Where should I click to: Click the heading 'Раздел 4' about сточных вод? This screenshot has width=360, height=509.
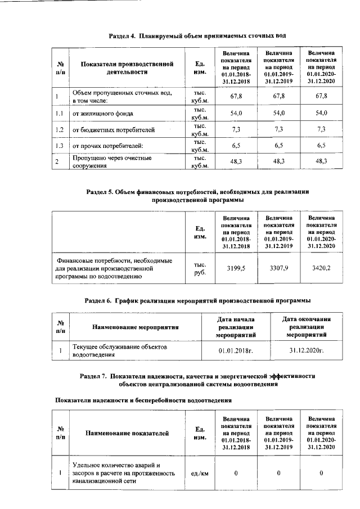(x=197, y=35)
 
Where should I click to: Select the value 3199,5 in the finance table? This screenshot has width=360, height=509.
(x=236, y=268)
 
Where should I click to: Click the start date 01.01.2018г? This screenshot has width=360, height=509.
(x=237, y=351)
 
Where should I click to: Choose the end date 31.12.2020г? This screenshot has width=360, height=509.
(x=307, y=351)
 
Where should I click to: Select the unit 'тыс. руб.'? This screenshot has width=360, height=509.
(x=199, y=268)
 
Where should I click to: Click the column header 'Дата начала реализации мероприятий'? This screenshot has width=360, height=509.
(x=237, y=326)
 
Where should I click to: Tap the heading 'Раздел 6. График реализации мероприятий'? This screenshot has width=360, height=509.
(x=197, y=300)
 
